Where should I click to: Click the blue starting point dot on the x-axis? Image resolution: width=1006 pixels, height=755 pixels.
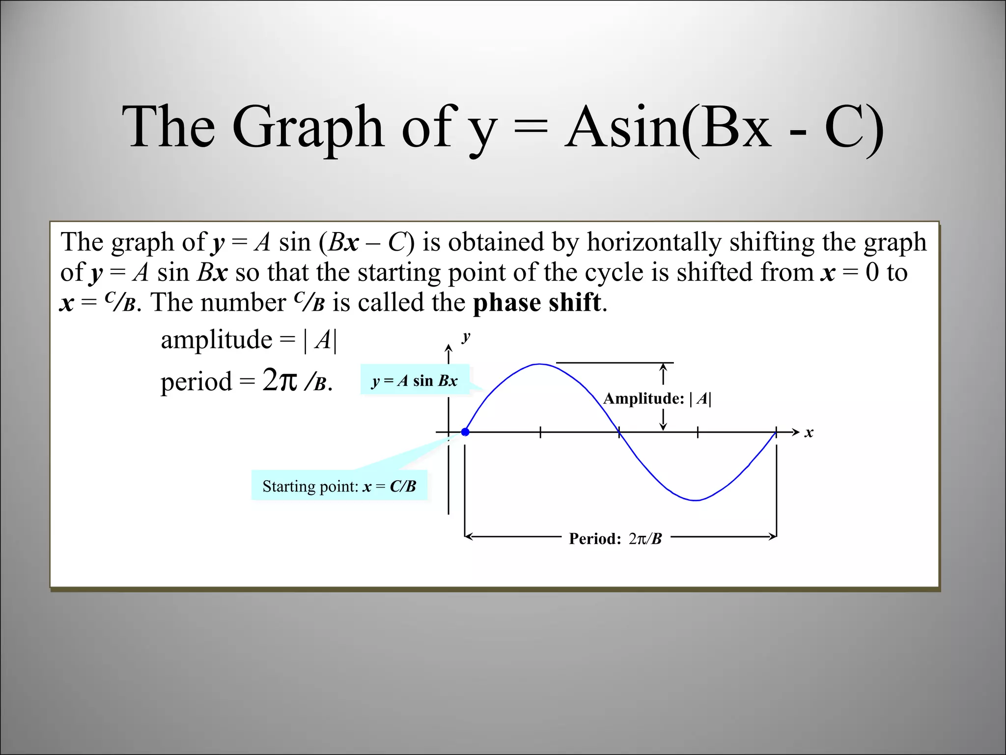pyautogui.click(x=465, y=432)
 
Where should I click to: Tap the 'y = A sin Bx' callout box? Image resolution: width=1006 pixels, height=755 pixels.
pyautogui.click(x=415, y=380)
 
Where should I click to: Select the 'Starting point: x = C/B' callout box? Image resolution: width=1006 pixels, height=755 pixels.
pyautogui.click(x=339, y=486)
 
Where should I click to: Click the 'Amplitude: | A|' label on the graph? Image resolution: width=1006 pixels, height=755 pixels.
pyautogui.click(x=657, y=398)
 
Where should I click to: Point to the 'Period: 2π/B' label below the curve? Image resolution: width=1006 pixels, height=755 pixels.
pyautogui.click(x=615, y=538)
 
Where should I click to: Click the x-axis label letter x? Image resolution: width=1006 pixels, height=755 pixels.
pyautogui.click(x=809, y=433)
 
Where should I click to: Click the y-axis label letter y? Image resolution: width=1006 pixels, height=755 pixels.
pyautogui.click(x=466, y=337)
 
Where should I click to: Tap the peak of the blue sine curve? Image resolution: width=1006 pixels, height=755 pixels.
pyautogui.click(x=540, y=364)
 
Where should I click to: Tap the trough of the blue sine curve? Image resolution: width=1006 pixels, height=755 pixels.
pyautogui.click(x=696, y=500)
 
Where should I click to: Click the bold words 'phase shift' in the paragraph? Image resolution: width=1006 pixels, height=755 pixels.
pyautogui.click(x=536, y=302)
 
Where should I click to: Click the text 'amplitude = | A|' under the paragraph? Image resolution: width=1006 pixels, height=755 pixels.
pyautogui.click(x=249, y=339)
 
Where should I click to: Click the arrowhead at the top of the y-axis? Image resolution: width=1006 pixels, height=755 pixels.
pyautogui.click(x=448, y=348)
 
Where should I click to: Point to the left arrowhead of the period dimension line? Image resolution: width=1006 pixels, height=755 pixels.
pyautogui.click(x=468, y=536)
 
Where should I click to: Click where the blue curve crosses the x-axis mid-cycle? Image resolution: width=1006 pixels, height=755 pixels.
pyautogui.click(x=619, y=432)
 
